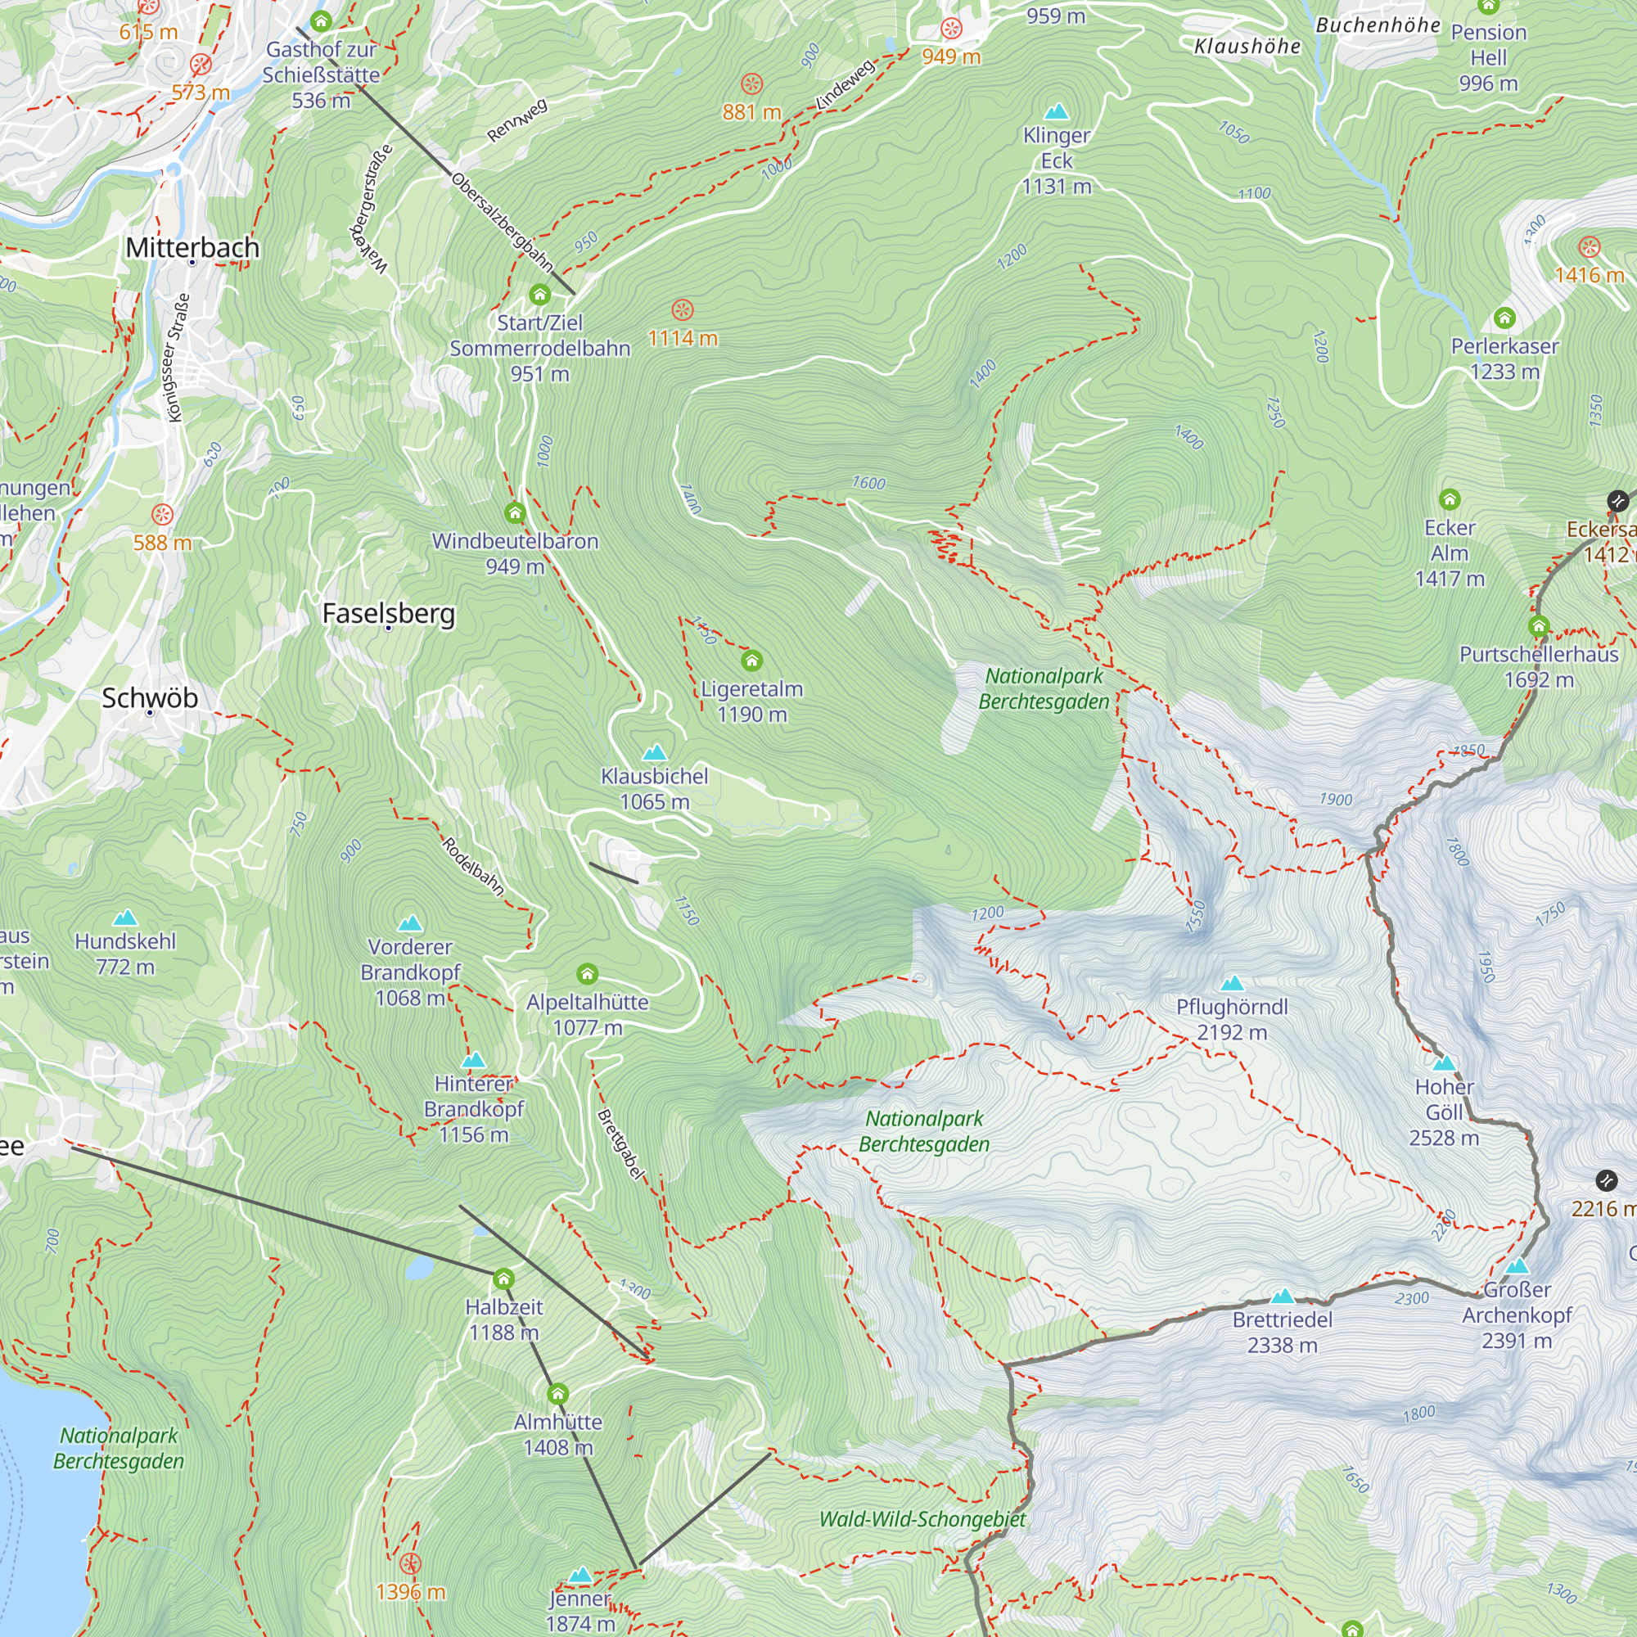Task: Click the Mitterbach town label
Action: tap(192, 247)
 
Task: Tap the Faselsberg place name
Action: tap(388, 612)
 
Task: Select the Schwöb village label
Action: tap(150, 698)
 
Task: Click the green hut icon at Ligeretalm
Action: tap(751, 661)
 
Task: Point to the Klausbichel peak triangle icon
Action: tap(654, 752)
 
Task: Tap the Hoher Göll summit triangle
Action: tap(1444, 1063)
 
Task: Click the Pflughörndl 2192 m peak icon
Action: tap(1232, 984)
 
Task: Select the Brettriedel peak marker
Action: tap(1282, 1297)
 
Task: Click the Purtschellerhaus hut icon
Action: tap(1539, 627)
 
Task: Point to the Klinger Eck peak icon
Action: tap(1056, 112)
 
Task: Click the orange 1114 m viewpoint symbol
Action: tap(682, 310)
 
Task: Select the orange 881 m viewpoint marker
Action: tap(751, 83)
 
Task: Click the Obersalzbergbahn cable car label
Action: tap(502, 223)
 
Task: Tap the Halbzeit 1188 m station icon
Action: tap(503, 1278)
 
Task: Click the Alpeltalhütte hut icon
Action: tap(587, 974)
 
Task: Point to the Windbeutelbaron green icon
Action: tap(514, 513)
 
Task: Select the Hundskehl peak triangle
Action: tap(125, 918)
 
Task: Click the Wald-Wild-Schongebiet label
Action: tap(922, 1519)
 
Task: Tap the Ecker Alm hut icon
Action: tap(1449, 499)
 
